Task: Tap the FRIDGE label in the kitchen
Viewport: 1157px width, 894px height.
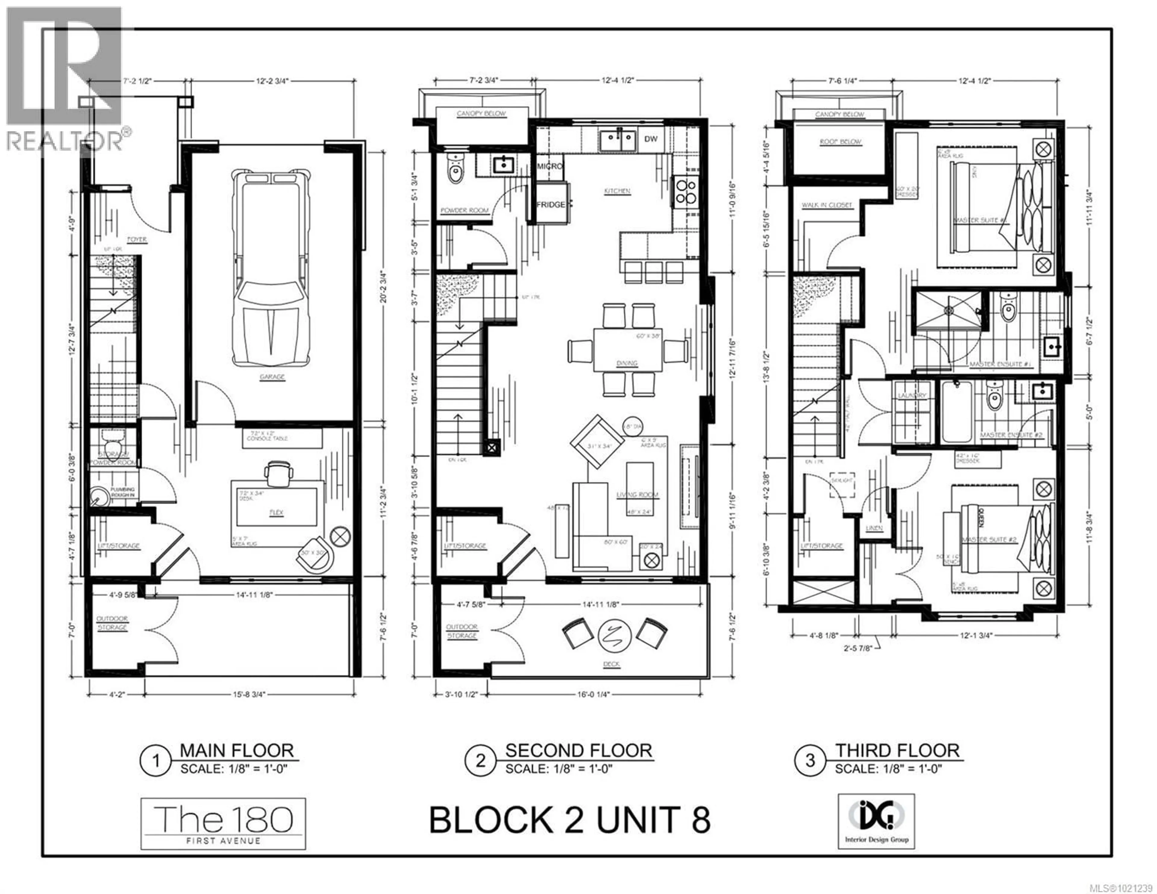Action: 551,205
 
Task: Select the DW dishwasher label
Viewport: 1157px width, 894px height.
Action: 651,139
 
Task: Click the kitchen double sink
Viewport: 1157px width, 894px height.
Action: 618,141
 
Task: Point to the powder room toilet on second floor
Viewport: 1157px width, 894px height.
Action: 455,168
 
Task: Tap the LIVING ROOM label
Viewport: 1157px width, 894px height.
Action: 637,494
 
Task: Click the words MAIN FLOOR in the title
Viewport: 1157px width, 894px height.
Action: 236,751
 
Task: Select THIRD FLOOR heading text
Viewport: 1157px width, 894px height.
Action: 897,751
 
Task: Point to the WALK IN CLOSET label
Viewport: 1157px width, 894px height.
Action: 826,205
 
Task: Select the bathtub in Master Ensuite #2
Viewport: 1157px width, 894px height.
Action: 957,412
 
